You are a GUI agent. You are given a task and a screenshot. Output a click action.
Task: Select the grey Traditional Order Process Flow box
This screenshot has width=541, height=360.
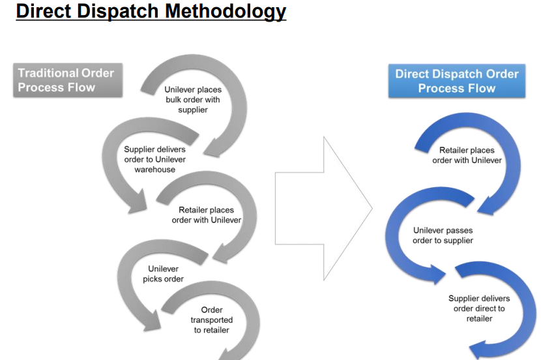67,80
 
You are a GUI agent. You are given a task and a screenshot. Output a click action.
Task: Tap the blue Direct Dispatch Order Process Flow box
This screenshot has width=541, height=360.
456,81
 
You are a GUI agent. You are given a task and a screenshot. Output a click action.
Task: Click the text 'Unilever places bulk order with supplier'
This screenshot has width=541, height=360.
192,100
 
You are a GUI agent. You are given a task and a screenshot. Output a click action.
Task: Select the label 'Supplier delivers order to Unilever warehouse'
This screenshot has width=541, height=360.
155,159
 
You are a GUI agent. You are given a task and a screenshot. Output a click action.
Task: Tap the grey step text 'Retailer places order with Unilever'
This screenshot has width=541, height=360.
207,215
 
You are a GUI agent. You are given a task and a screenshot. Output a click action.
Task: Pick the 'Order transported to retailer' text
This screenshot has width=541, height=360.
212,320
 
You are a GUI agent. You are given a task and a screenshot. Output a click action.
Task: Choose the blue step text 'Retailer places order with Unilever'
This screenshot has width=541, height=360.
467,155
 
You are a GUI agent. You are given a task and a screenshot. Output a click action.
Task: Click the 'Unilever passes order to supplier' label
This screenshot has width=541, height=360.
443,235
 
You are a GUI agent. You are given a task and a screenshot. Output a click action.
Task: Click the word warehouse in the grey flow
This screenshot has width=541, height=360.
155,170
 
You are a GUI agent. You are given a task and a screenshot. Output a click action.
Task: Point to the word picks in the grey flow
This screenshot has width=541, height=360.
154,279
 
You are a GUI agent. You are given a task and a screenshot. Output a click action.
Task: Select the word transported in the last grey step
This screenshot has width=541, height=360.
212,320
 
